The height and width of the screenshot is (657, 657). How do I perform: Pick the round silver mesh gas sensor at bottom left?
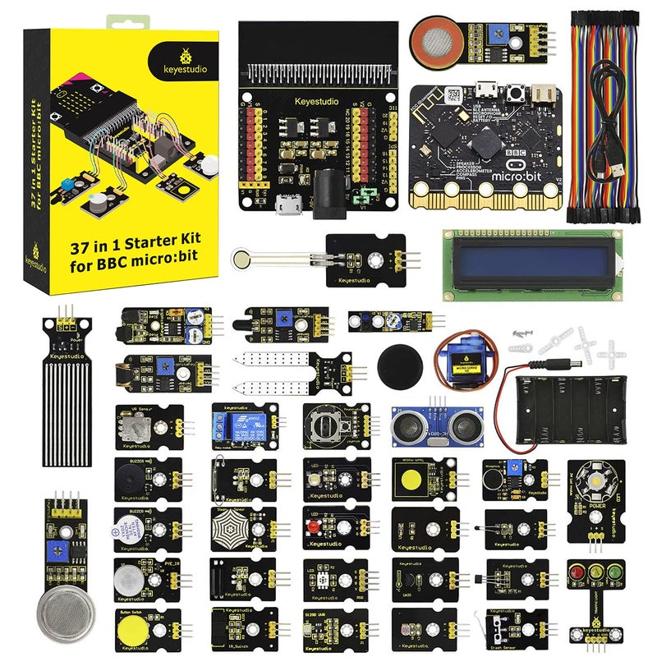[60, 609]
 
